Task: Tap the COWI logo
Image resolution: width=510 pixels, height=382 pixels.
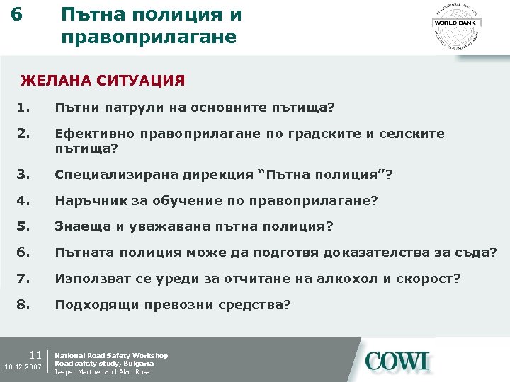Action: [x=397, y=361]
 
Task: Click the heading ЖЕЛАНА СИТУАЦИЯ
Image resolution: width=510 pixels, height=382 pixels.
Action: [x=103, y=81]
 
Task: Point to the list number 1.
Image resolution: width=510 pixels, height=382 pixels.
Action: [x=25, y=108]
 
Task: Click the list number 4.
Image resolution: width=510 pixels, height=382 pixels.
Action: [x=25, y=201]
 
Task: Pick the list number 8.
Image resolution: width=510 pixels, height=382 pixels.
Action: [x=25, y=305]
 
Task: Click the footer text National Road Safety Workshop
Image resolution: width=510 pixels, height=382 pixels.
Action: [x=111, y=355]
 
